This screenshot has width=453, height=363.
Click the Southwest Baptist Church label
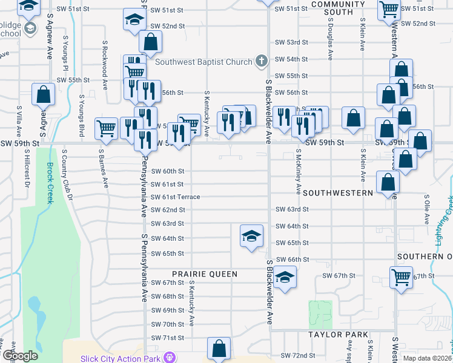(x=203, y=62)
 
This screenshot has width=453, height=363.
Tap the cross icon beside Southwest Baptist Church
(x=261, y=61)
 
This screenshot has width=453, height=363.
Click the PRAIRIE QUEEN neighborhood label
(x=205, y=274)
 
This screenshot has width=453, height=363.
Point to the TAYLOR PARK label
(x=338, y=335)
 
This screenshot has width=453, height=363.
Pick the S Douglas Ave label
(x=331, y=39)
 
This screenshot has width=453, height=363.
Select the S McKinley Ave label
(x=299, y=172)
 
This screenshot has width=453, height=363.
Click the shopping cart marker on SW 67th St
(x=401, y=278)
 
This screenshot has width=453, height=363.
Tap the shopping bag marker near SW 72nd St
(x=219, y=348)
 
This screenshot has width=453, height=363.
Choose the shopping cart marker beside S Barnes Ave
(x=107, y=128)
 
